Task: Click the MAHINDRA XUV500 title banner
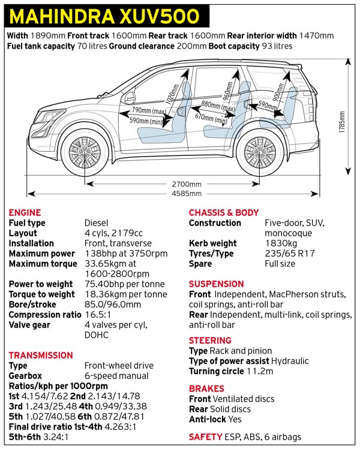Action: coord(107,15)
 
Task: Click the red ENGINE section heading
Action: coord(25,212)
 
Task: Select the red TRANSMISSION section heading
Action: coord(41,355)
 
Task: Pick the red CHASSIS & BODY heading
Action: coord(224,212)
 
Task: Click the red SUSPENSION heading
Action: coord(216,284)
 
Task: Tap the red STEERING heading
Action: coord(210,340)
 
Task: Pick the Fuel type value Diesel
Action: coord(97,223)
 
